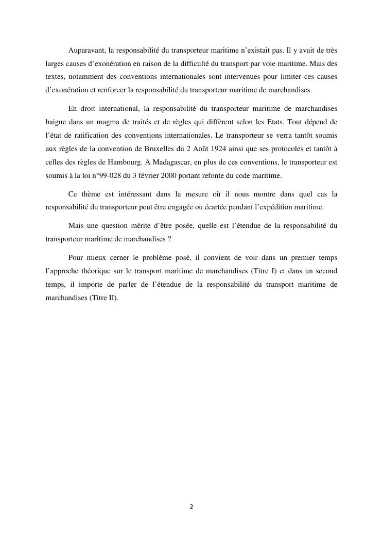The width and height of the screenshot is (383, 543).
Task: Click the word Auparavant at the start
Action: click(x=85, y=51)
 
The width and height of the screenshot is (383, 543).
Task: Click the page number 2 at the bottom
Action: click(x=191, y=507)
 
